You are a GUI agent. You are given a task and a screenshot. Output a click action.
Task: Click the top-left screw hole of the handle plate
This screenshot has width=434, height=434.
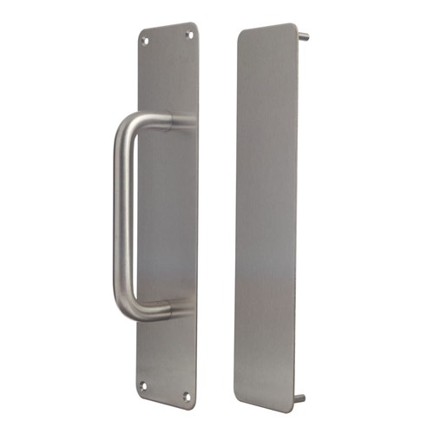[146, 39]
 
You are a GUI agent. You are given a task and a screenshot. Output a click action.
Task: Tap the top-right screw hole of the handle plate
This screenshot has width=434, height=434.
[187, 34]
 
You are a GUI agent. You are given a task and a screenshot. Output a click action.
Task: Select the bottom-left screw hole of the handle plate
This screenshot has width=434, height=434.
[144, 385]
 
